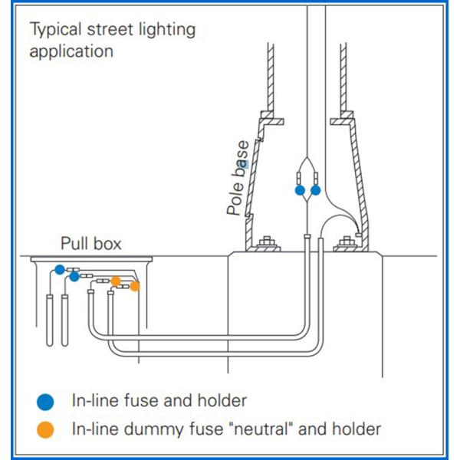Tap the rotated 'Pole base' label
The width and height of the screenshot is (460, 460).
click(x=238, y=187)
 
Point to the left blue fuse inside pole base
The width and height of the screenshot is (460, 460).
click(x=300, y=189)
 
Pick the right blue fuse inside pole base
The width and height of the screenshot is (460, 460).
click(x=315, y=189)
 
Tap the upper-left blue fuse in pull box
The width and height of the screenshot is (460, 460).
click(x=59, y=269)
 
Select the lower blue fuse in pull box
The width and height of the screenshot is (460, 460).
click(x=74, y=276)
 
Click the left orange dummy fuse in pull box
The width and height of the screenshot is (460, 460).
click(x=116, y=281)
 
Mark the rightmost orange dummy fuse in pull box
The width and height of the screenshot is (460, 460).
click(x=135, y=286)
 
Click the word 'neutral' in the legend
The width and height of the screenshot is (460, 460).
click(x=258, y=429)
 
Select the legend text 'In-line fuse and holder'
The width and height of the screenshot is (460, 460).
click(x=159, y=400)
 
